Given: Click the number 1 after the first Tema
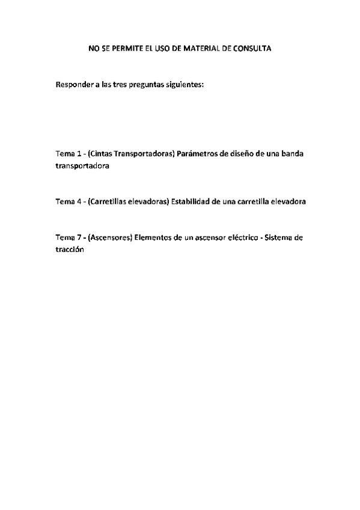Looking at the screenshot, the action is click(x=78, y=153).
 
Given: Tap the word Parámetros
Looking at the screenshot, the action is click(x=197, y=153).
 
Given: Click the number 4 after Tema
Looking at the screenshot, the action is click(x=78, y=201).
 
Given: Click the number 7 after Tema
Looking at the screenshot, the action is click(x=78, y=238).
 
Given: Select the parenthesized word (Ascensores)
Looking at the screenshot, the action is click(x=109, y=238).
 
